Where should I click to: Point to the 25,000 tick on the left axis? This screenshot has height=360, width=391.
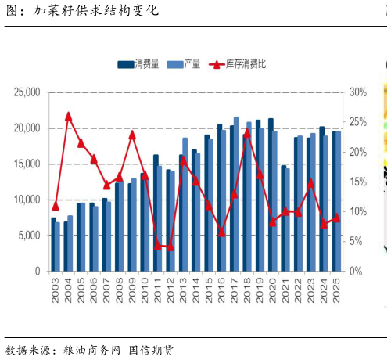pos(27,92)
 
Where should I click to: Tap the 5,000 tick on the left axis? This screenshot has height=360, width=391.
pos(29,236)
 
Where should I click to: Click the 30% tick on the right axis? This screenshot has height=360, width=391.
pos(357,92)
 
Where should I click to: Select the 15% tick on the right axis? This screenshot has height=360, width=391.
pos(357,182)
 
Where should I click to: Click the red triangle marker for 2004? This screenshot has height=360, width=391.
pos(68,116)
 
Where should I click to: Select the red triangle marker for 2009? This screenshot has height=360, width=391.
pos(132,134)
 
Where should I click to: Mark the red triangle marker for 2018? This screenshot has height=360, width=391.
pos(247,132)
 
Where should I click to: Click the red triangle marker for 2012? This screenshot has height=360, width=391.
pos(170,247)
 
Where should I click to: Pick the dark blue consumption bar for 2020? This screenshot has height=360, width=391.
pos(271,195)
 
